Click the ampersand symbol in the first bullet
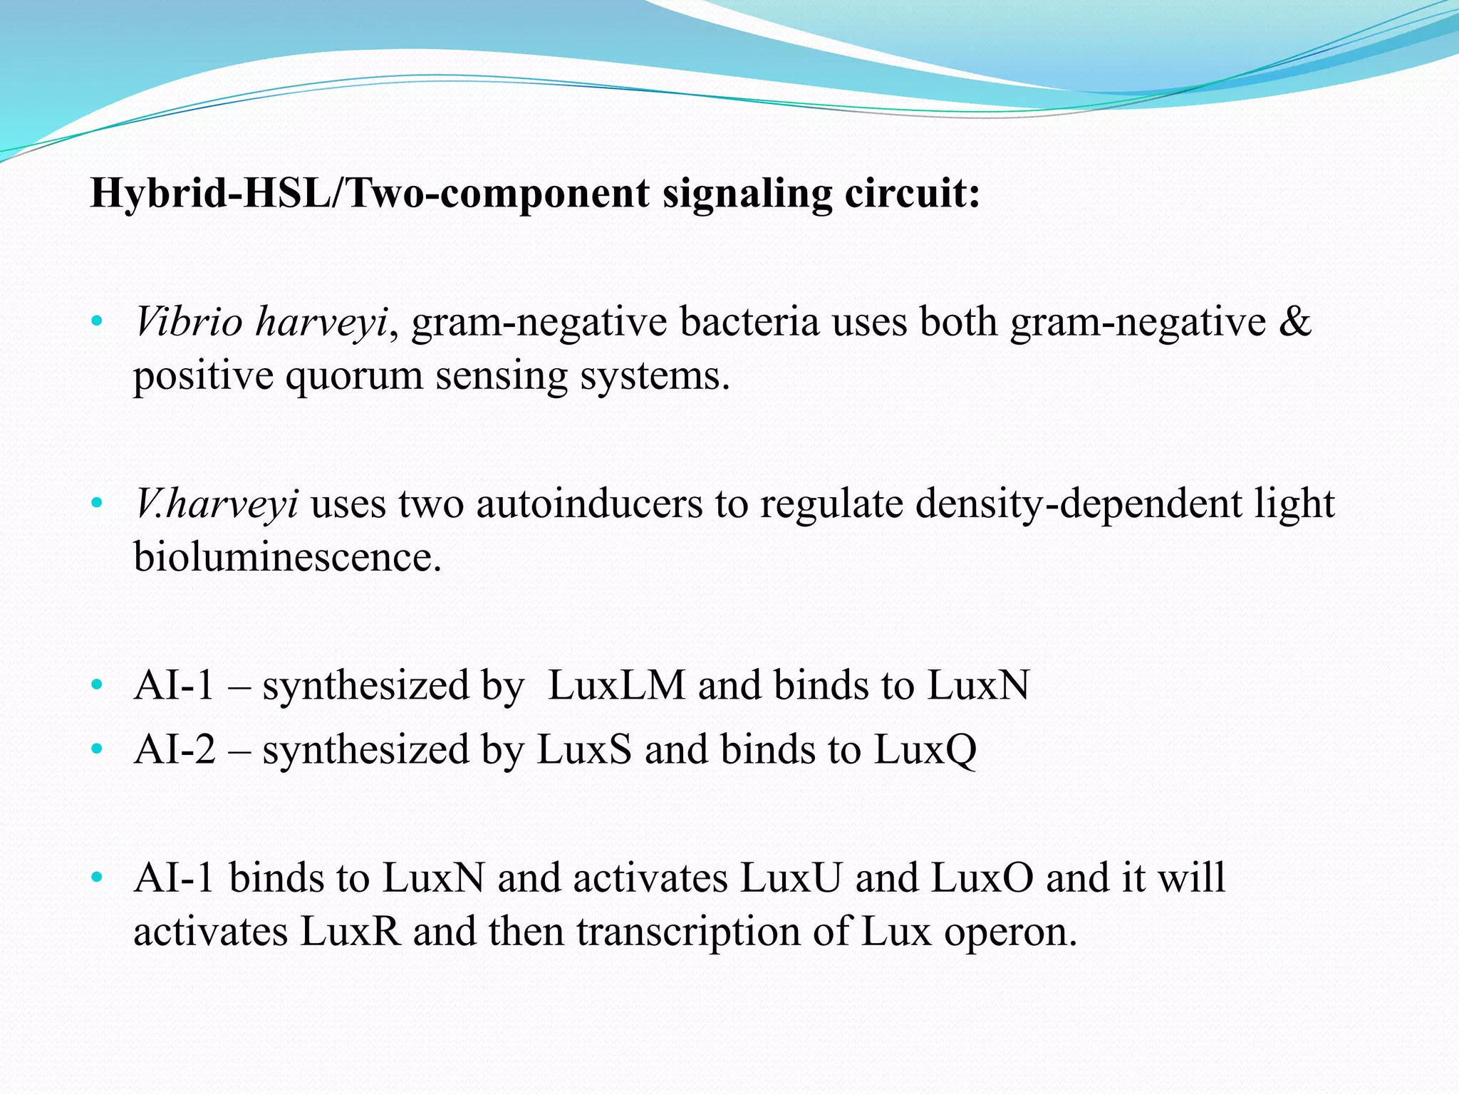click(x=1294, y=322)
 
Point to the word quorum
click(x=354, y=376)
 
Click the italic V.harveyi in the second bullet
click(x=217, y=504)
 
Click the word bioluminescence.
click(x=288, y=557)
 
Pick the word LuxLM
click(x=616, y=686)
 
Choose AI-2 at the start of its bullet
click(x=175, y=750)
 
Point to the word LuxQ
click(x=925, y=750)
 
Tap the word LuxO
click(x=982, y=878)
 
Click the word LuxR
click(x=351, y=932)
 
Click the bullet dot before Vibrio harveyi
click(x=98, y=323)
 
